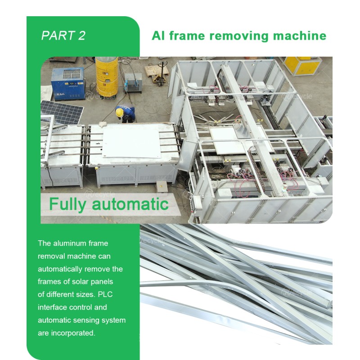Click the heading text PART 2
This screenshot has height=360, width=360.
click(x=63, y=36)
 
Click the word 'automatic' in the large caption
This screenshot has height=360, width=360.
click(x=130, y=204)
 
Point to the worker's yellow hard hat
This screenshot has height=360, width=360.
click(x=119, y=112)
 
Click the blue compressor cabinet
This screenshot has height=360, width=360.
click(x=67, y=84)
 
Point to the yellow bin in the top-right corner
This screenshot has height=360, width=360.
click(x=301, y=66)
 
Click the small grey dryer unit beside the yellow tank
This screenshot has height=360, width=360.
click(x=133, y=82)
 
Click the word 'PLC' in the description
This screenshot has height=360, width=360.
click(x=105, y=294)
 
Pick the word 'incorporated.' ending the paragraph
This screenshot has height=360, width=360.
click(x=73, y=333)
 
